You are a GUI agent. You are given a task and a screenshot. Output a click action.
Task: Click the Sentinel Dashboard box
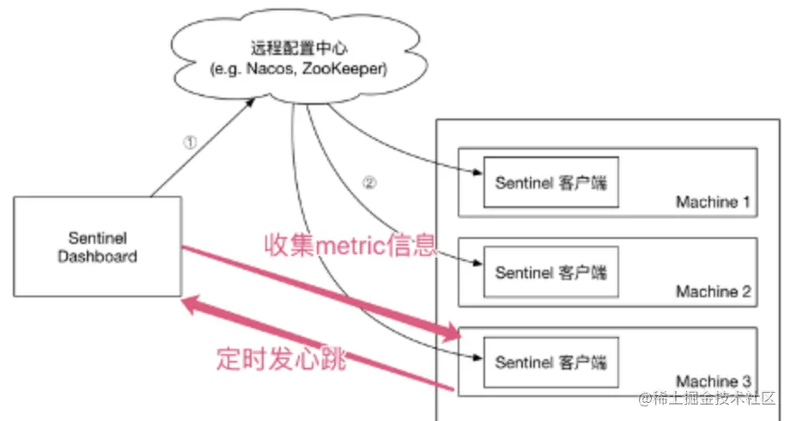(97, 246)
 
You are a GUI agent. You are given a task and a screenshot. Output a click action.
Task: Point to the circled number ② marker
(371, 184)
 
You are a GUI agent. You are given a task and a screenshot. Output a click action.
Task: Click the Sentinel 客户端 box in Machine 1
(550, 182)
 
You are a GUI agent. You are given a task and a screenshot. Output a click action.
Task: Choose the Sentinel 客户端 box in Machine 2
(550, 272)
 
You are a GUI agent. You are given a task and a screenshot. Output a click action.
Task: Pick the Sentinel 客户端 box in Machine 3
(550, 362)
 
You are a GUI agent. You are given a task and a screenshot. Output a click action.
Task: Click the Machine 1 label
(713, 203)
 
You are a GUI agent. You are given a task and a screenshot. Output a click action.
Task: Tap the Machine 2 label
(713, 292)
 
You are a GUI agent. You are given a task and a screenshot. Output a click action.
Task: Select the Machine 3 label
(713, 381)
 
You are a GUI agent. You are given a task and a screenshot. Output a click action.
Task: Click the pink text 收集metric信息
(349, 245)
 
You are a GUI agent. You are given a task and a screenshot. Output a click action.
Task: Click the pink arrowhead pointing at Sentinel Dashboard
(193, 304)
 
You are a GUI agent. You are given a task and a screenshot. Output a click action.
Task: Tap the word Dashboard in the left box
(97, 255)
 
